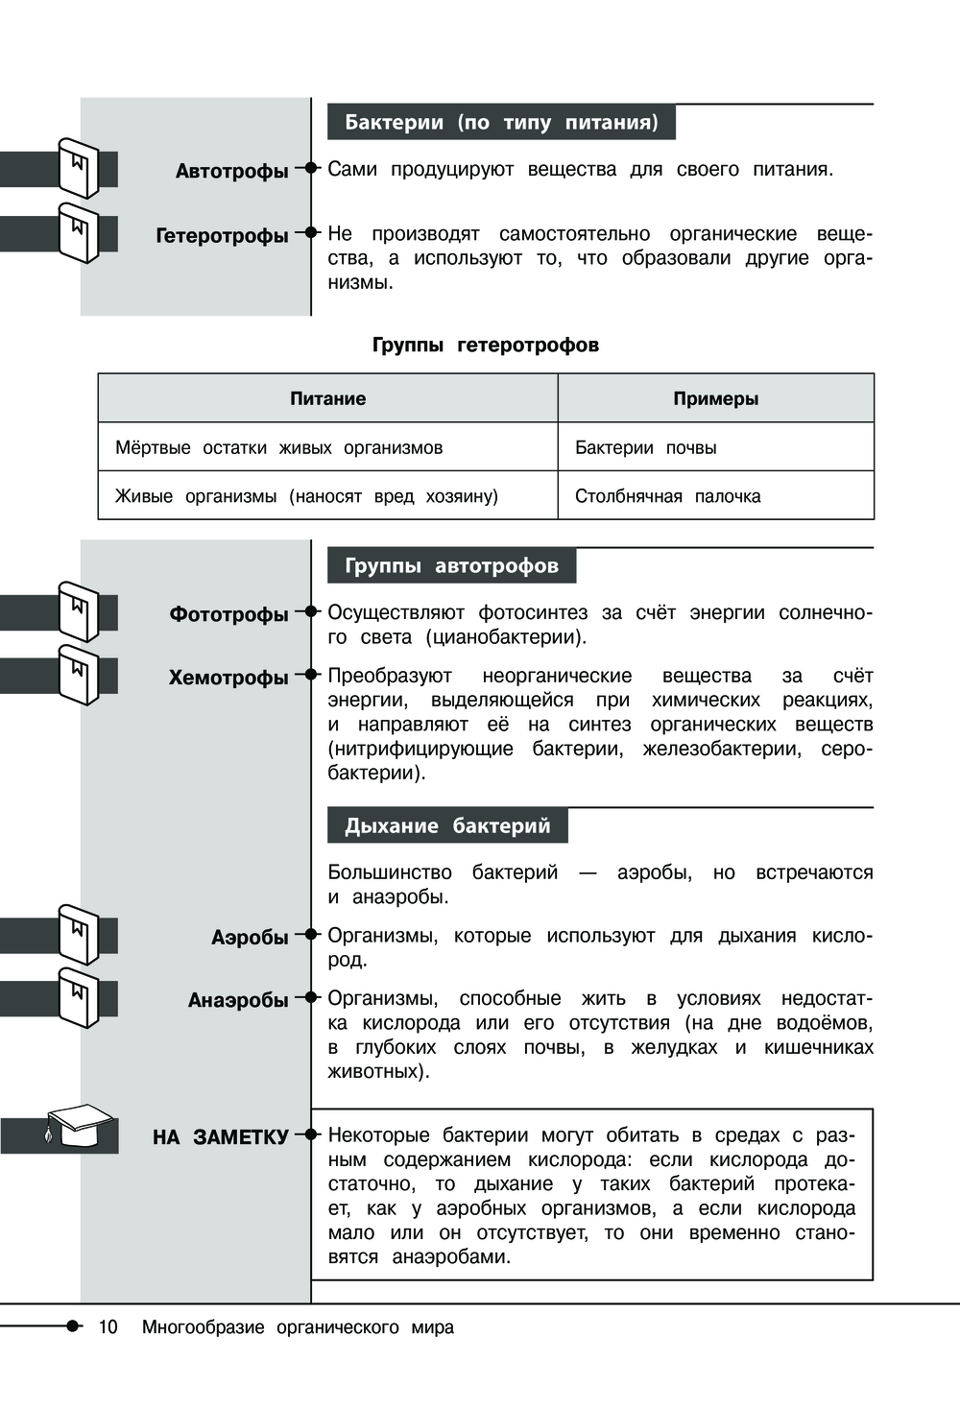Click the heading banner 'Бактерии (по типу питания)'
501,123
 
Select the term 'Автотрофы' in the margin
231,171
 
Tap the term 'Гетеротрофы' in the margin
222,235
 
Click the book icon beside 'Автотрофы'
79,168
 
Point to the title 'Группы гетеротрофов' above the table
485,345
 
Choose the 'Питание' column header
327,398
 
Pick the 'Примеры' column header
715,398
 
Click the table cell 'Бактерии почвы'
645,447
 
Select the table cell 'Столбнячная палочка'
667,496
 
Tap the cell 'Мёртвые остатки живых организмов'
278,447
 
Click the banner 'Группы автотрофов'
451,565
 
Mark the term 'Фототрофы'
228,614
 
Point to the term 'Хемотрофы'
228,678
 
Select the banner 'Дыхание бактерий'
447,825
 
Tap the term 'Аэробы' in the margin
250,937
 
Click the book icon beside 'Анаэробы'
79,997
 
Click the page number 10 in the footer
108,1326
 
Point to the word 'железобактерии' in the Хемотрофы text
721,749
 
